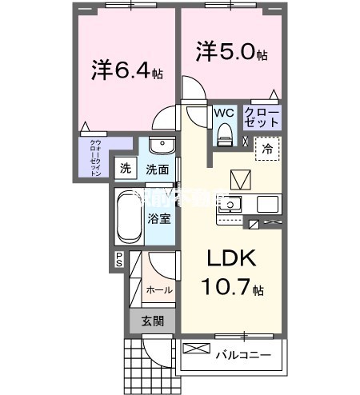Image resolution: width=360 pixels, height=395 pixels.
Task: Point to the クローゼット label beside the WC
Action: coord(262,118)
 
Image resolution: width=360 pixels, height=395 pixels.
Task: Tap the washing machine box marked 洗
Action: coord(124,169)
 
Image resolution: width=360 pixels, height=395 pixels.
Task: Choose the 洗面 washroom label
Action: coord(157,170)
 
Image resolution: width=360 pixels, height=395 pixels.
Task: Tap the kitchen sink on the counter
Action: coord(229,204)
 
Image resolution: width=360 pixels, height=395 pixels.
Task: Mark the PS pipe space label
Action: coord(118,259)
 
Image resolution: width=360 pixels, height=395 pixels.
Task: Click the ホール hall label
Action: coord(158,290)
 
